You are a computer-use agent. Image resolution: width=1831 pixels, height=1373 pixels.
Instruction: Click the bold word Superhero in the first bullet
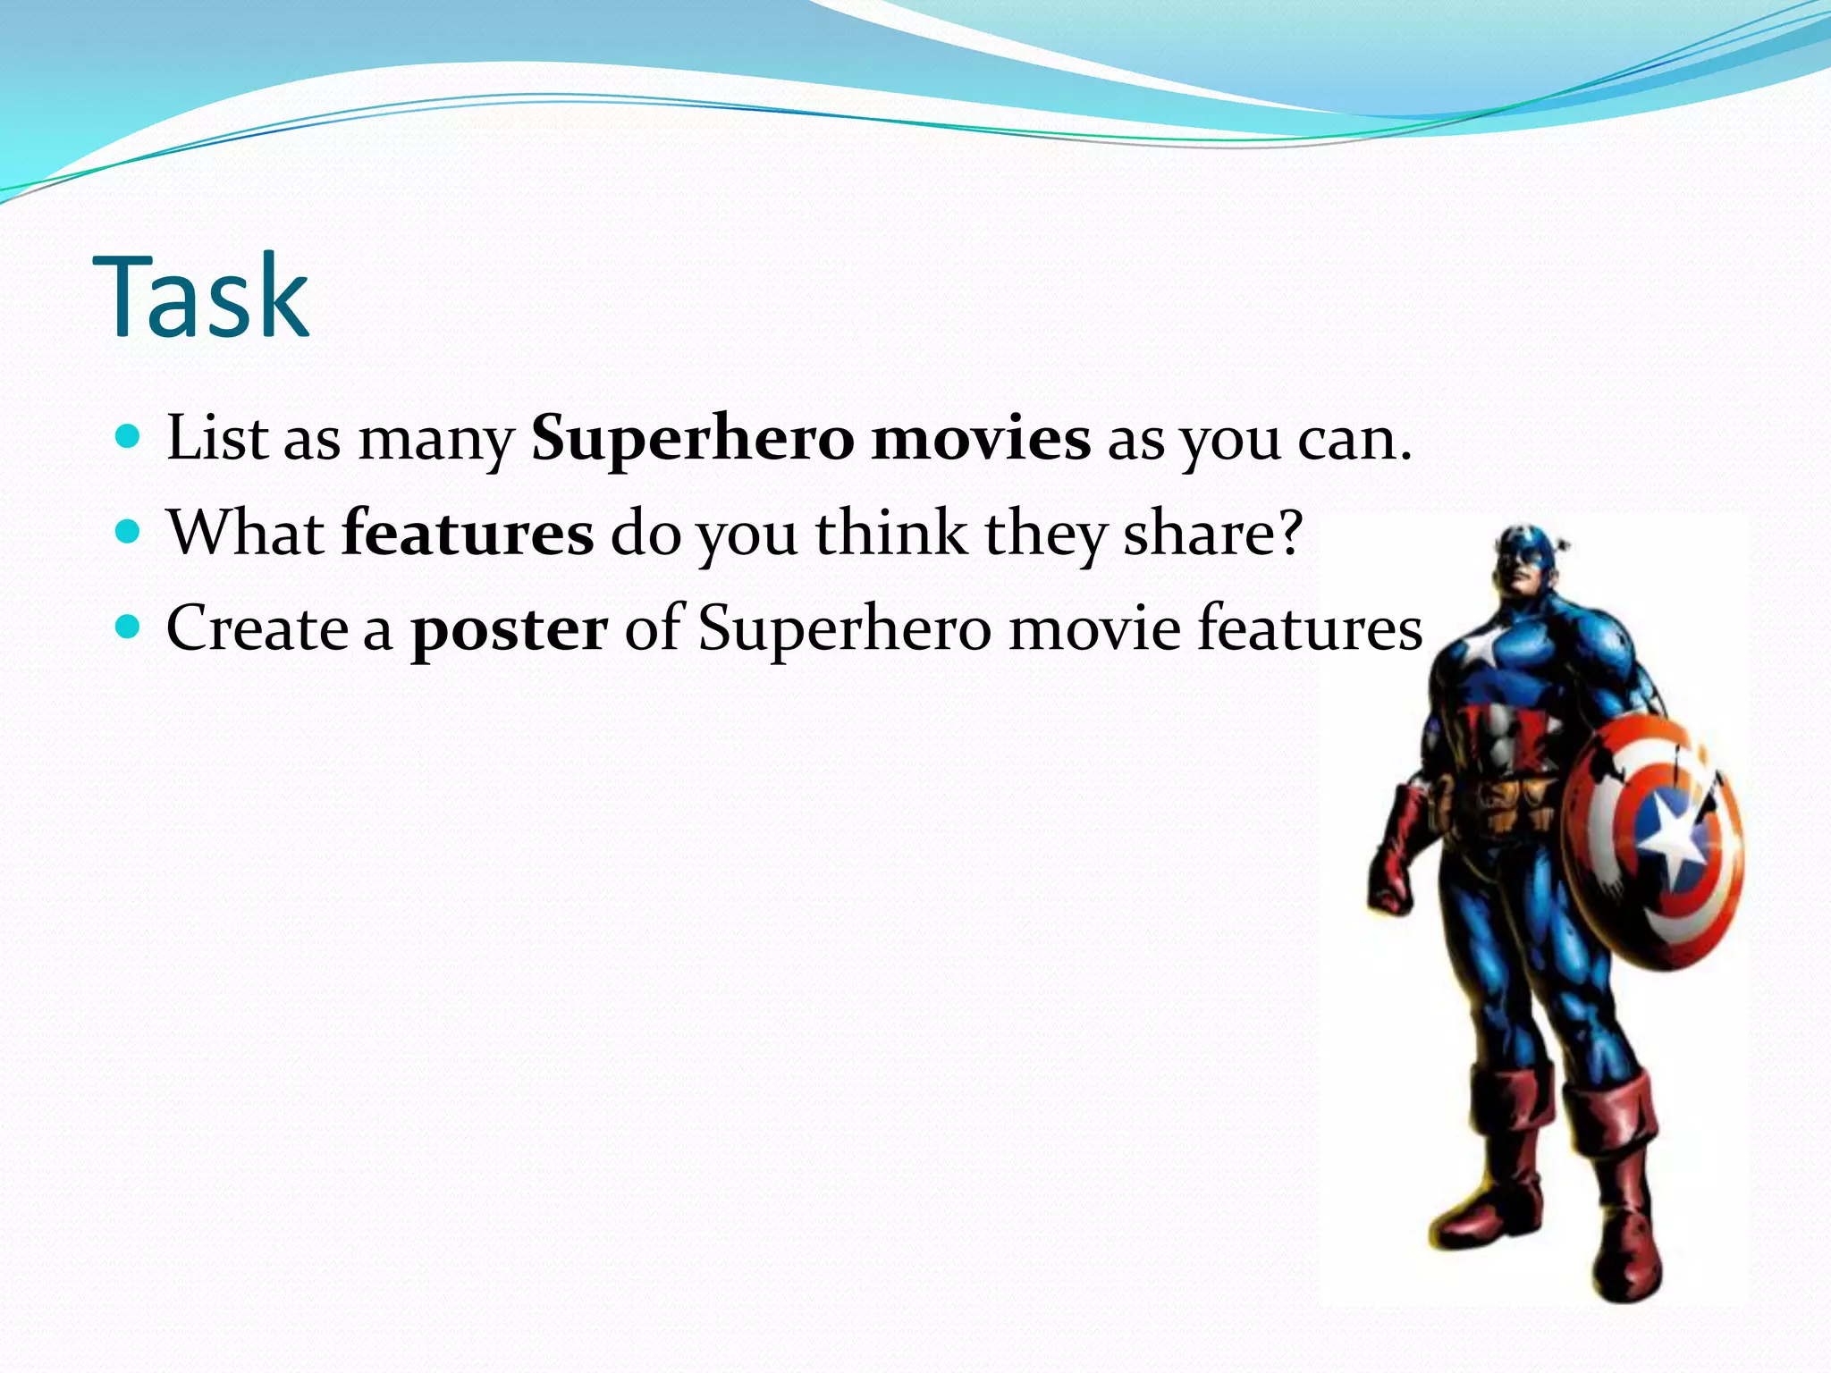tap(692, 440)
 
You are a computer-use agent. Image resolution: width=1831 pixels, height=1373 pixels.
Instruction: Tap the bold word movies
tap(981, 440)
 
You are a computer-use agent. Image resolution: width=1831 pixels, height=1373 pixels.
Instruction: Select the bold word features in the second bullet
tap(468, 534)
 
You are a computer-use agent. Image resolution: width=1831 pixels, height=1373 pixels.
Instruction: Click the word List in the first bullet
tap(217, 440)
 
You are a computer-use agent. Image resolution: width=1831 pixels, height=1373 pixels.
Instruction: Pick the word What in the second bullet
tap(246, 534)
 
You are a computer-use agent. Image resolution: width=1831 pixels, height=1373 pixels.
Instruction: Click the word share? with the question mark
tap(1212, 534)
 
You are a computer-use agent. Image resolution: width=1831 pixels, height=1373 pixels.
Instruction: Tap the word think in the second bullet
tap(890, 534)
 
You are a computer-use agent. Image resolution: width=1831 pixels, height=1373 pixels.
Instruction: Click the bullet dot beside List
tap(130, 438)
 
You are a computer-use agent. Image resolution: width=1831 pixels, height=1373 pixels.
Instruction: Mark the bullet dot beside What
tap(130, 533)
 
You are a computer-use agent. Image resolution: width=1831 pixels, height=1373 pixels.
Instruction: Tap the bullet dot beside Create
tap(130, 628)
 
